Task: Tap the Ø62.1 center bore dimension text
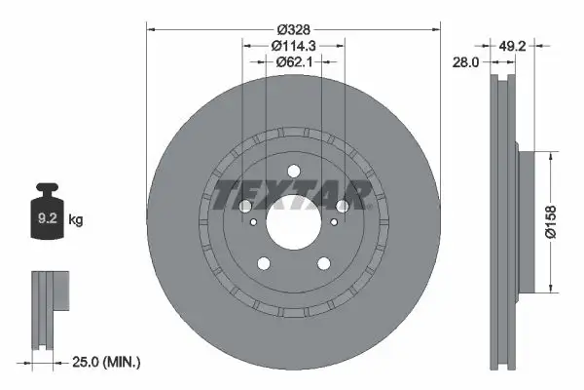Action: [293, 62]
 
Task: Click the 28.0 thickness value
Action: [467, 61]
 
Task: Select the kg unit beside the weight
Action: [75, 220]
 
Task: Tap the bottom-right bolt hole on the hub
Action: [323, 263]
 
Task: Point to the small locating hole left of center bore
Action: [254, 222]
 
